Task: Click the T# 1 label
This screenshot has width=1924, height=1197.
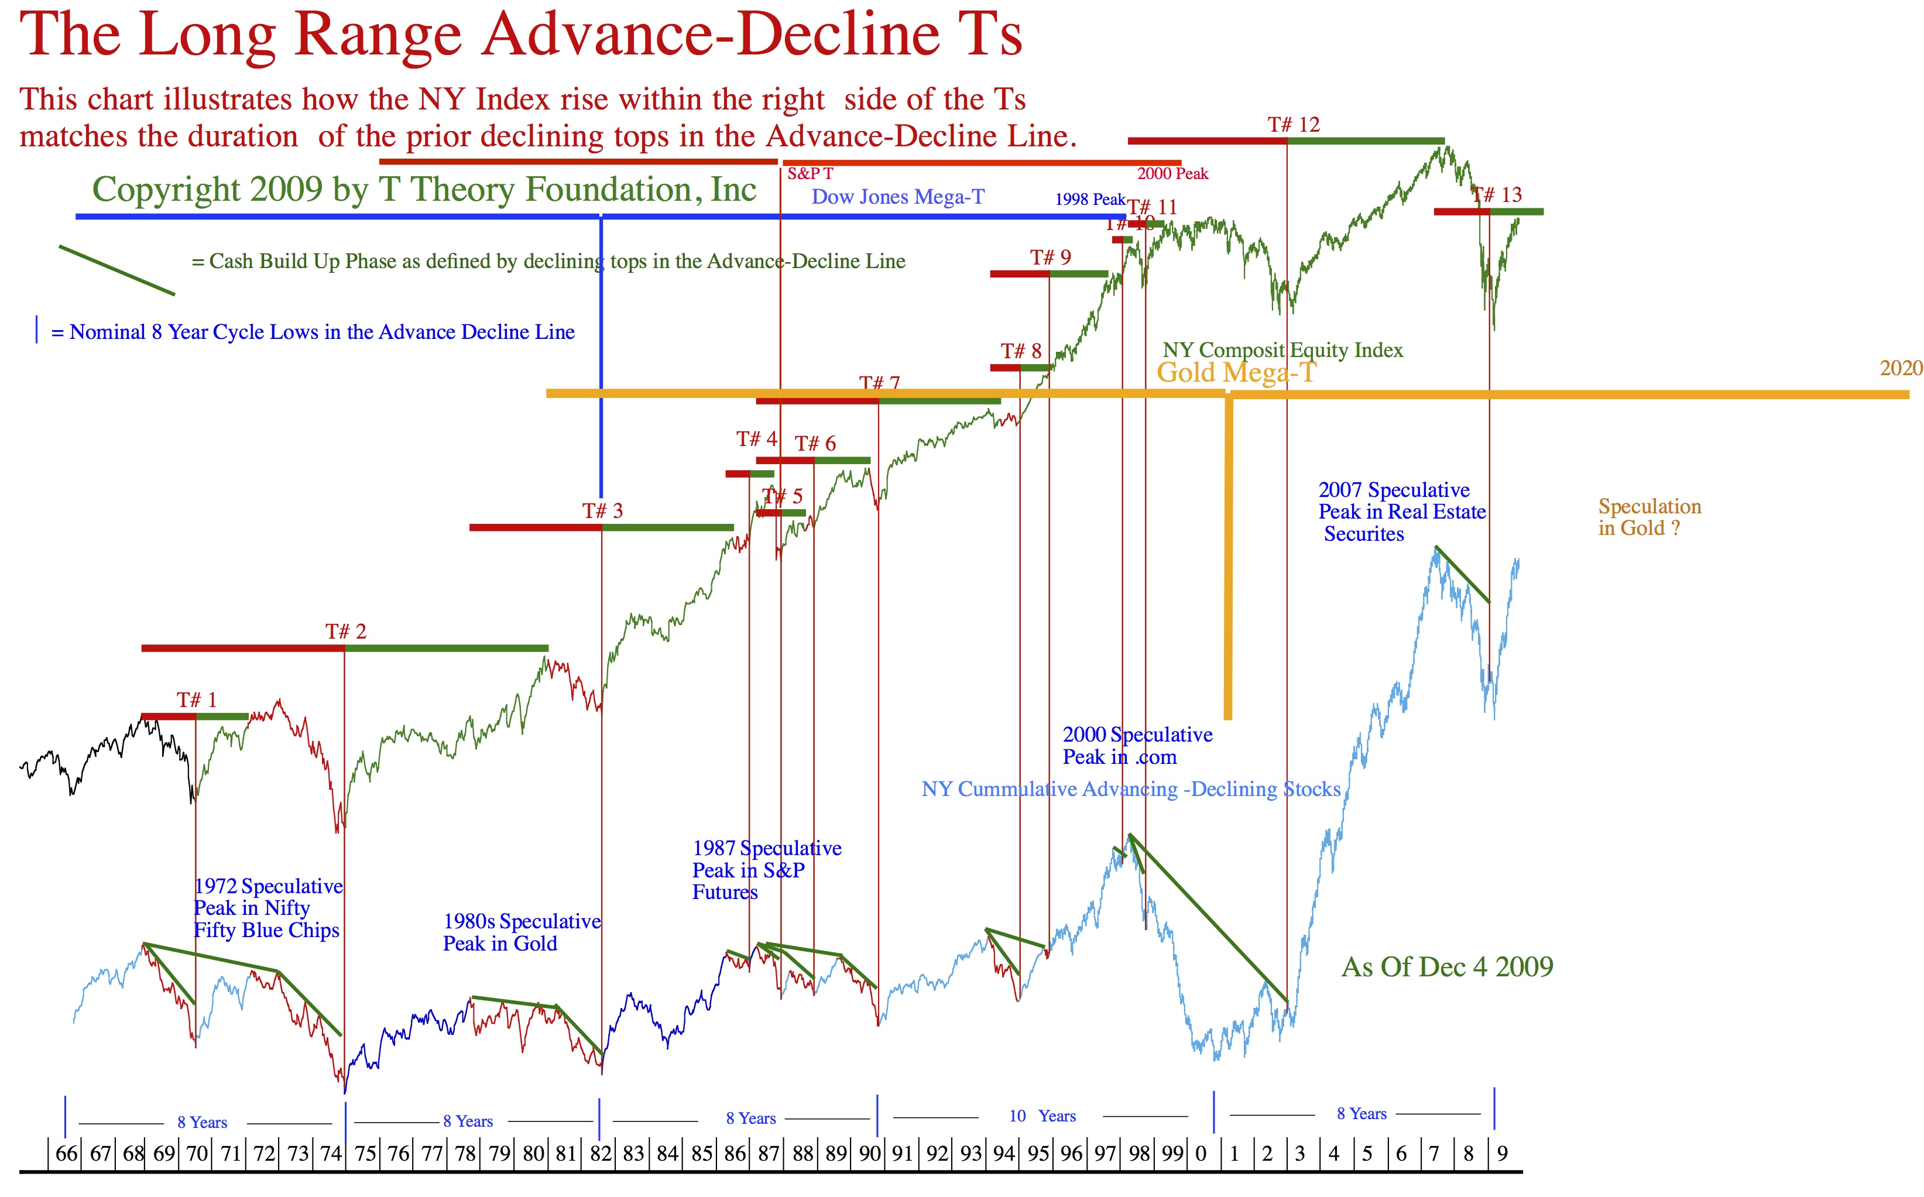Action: coord(196,700)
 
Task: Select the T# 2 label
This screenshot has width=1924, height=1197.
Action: coord(346,632)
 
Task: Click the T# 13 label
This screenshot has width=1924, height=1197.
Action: coord(1497,195)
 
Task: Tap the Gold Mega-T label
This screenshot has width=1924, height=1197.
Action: coord(1236,372)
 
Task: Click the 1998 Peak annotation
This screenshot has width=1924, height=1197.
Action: coord(1089,200)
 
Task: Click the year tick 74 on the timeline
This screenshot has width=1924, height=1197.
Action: coord(331,1154)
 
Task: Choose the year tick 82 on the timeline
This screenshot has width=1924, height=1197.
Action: coord(601,1154)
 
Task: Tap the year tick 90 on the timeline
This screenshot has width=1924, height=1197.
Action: coord(870,1154)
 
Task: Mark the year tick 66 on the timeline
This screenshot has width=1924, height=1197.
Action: coord(67,1154)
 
